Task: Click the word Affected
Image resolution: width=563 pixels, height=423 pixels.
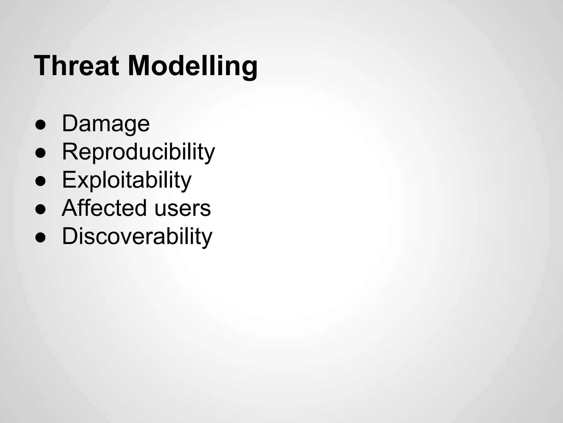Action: click(x=104, y=208)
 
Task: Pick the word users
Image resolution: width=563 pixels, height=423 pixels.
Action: click(x=183, y=208)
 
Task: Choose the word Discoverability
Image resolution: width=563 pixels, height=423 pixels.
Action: click(x=137, y=236)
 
